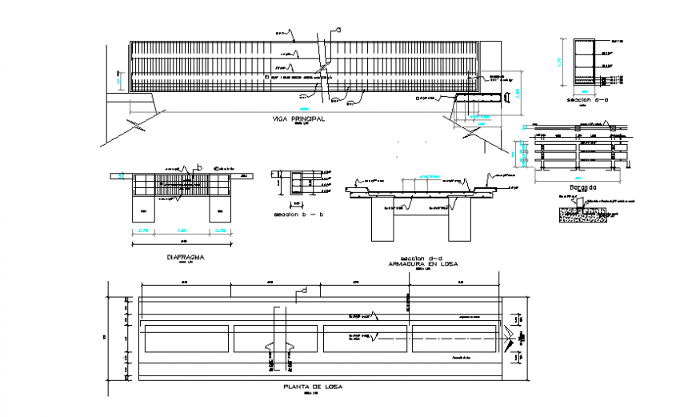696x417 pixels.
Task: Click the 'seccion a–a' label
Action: [x=582, y=100]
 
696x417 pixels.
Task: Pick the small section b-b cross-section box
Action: [x=302, y=183]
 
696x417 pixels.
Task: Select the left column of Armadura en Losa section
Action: [x=384, y=220]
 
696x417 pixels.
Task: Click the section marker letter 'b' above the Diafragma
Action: [x=199, y=166]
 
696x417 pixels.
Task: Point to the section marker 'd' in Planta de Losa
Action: [x=303, y=290]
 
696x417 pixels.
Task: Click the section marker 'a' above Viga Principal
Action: [x=338, y=30]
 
